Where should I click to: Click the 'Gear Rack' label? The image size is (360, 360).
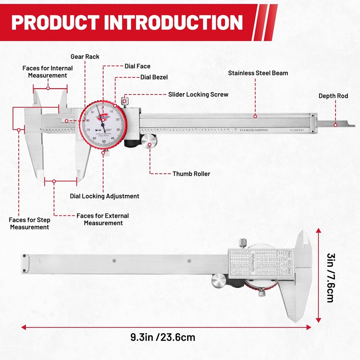[x=85, y=57]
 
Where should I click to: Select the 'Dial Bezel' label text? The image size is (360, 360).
[x=154, y=77]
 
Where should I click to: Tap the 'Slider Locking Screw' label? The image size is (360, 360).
[x=198, y=94]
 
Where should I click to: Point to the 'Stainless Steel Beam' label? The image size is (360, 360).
[x=258, y=73]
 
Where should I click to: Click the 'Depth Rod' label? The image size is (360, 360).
[x=333, y=96]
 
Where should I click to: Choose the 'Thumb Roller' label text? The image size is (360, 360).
[x=191, y=174]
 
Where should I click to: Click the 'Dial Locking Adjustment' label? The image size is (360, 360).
[x=104, y=196]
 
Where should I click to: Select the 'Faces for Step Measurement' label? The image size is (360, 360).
[x=30, y=223]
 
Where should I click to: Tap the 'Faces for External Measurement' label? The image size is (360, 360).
[x=103, y=219]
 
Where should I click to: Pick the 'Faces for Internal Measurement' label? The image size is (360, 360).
[x=48, y=72]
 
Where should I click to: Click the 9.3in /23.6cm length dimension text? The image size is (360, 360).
[x=163, y=337]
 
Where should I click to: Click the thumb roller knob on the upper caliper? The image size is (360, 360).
[x=149, y=141]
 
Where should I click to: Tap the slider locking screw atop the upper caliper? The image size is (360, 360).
[x=125, y=100]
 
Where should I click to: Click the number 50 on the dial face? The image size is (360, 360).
[x=104, y=141]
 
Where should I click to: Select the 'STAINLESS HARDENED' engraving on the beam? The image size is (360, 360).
[x=253, y=130]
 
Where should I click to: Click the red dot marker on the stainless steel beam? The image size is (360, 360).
[x=255, y=116]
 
